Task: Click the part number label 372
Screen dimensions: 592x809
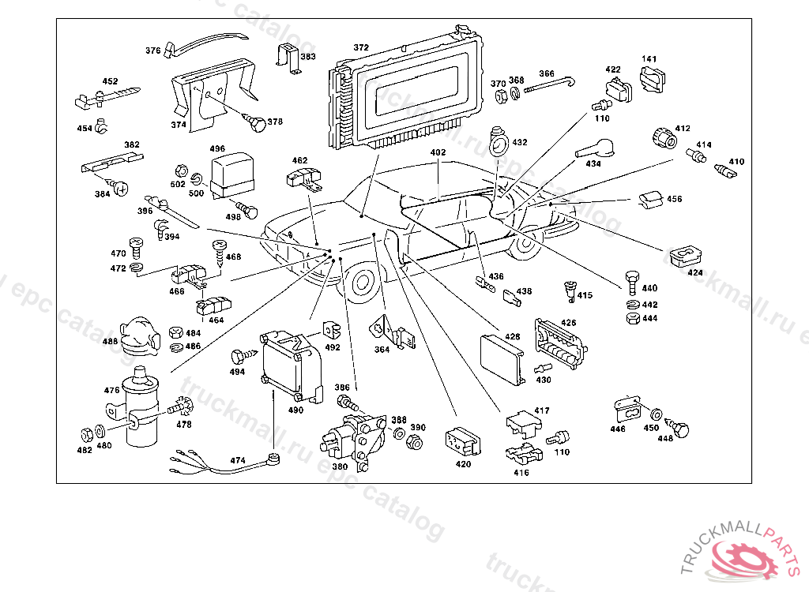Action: coord(361,48)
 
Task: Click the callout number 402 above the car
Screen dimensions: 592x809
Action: coord(438,152)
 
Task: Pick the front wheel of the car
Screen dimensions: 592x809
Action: coord(361,283)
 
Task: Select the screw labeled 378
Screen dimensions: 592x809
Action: coord(255,123)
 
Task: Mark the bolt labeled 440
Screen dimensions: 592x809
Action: coord(630,281)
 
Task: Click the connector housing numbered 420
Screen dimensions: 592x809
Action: coord(462,444)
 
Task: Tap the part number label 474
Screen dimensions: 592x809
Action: coord(237,460)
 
